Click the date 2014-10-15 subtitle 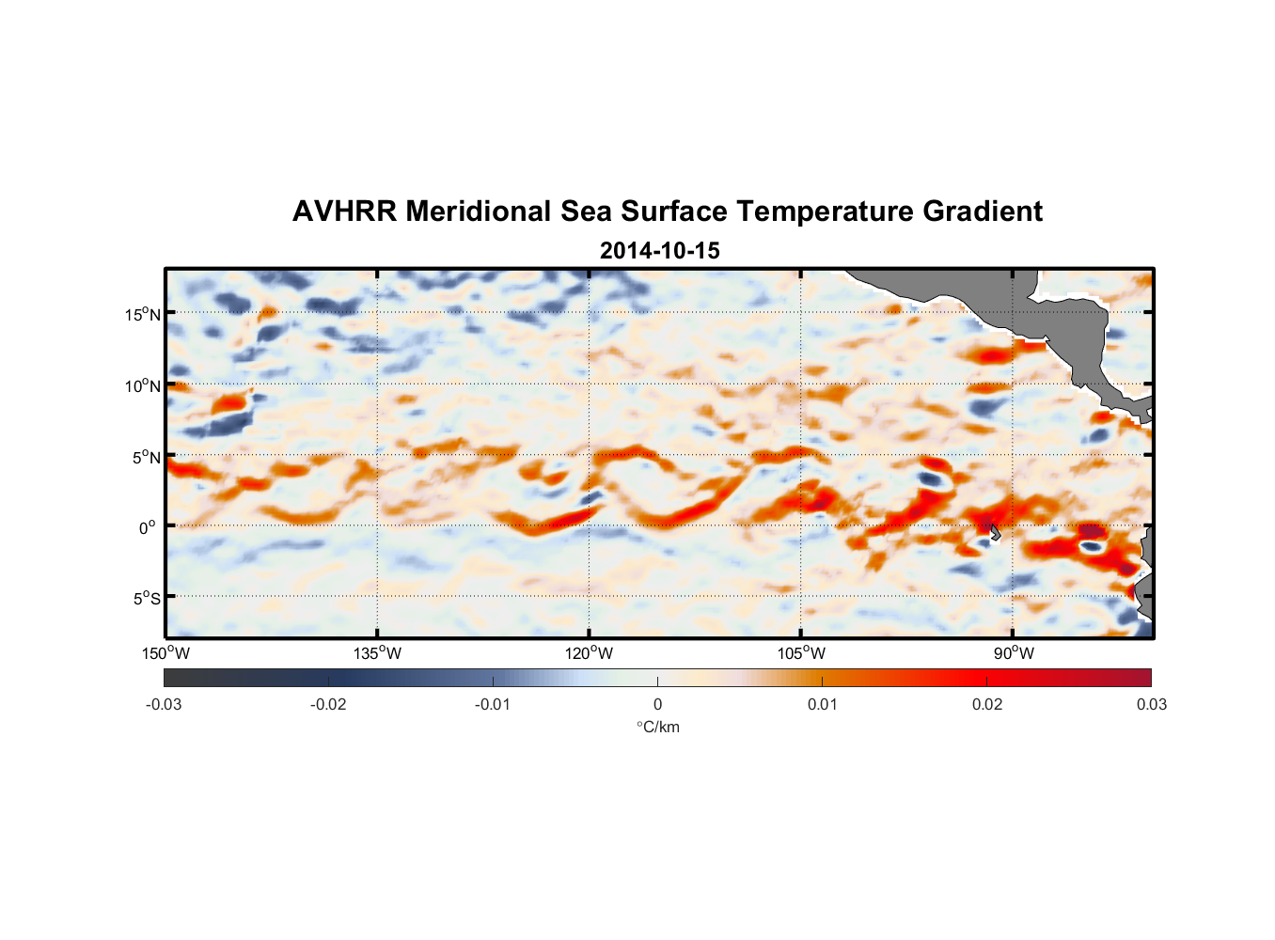[659, 251]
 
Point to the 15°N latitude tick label [142, 314]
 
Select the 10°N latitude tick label [142, 385]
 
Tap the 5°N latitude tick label [146, 457]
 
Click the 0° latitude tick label [148, 527]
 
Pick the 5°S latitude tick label [146, 598]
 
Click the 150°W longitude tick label [165, 653]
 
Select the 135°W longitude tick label [377, 653]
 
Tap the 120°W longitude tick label [589, 653]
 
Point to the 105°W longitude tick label [801, 653]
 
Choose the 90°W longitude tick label [1013, 653]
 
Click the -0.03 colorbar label [164, 704]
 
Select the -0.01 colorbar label [493, 704]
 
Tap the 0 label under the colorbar [657, 704]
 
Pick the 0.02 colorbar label [986, 704]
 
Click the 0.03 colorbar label [1151, 704]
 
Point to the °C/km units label [657, 727]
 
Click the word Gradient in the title [982, 211]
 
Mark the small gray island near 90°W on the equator [995, 533]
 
